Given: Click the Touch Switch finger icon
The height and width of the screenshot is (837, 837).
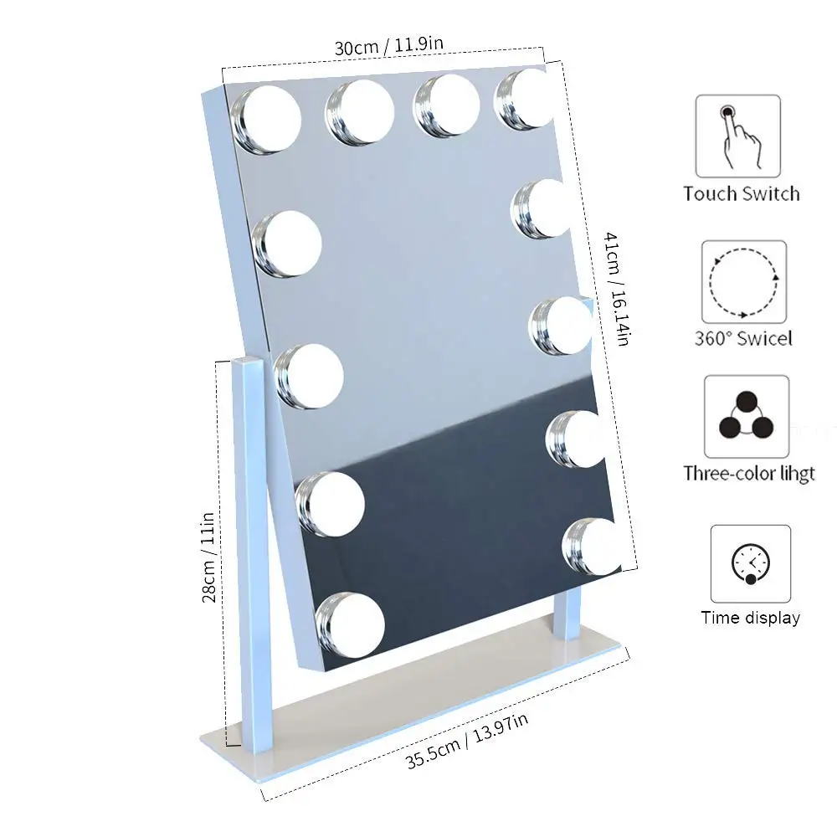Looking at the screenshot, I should pos(737,136).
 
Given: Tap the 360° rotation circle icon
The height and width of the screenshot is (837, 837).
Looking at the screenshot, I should pos(744,281).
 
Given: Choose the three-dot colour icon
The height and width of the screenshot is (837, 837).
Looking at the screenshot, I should pos(746,416).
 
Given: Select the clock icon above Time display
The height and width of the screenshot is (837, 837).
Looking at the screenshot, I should pos(750,564).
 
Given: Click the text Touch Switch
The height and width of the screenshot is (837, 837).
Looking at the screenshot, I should pos(741,194).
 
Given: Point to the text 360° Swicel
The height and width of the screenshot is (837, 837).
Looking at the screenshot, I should pos(743,339).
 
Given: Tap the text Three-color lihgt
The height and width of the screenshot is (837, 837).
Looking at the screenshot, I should pos(748,473).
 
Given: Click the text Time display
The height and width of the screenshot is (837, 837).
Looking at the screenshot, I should pos(750,619).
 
